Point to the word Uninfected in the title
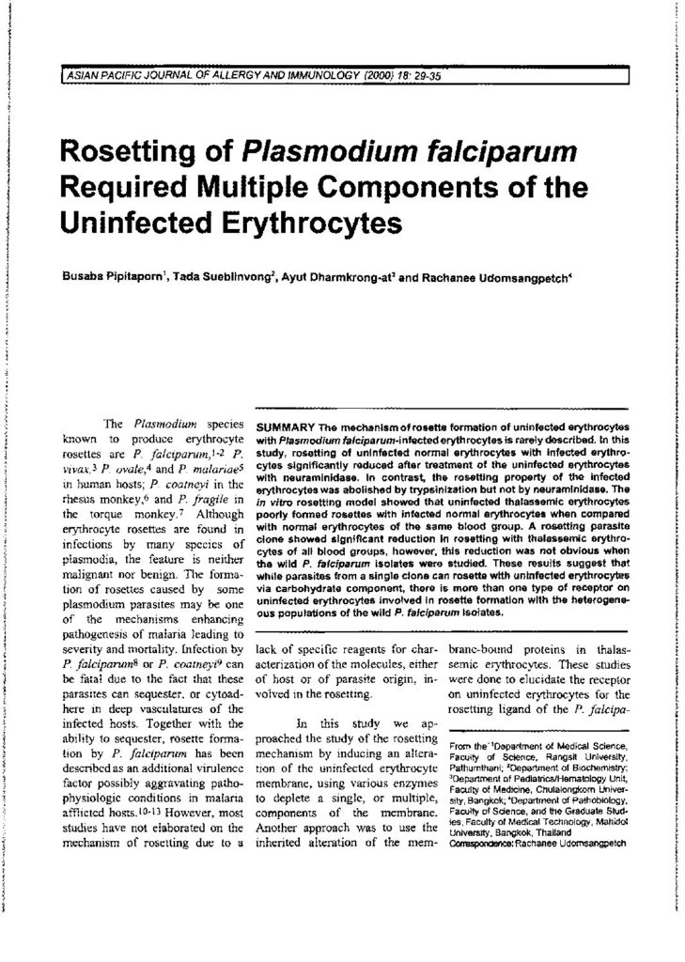(138, 224)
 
